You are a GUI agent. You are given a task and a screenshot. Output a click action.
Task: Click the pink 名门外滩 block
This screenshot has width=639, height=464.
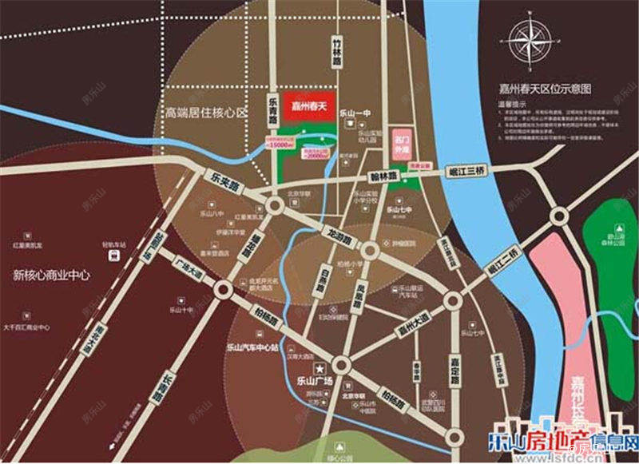click(401, 141)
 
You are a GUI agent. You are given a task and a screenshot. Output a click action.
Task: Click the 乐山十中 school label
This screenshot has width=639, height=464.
click(180, 309)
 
